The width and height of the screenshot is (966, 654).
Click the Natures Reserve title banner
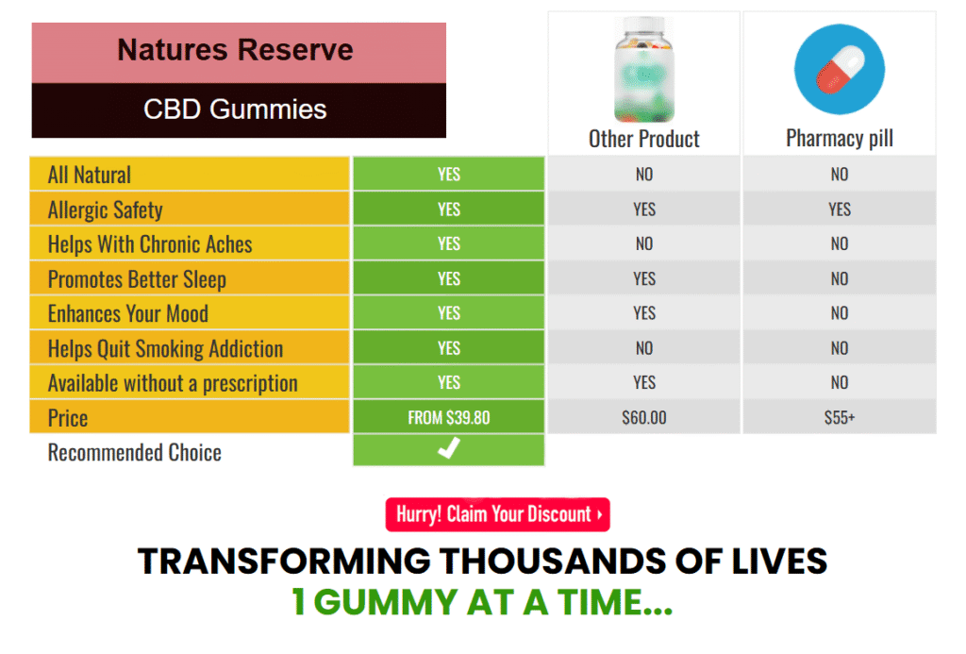[x=239, y=53]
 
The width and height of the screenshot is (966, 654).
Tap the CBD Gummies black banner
[x=239, y=110]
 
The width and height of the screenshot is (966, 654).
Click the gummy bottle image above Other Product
[x=643, y=69]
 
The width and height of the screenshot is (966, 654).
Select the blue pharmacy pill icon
[x=839, y=69]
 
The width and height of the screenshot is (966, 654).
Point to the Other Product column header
[x=643, y=139]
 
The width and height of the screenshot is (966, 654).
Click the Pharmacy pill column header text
[x=839, y=139]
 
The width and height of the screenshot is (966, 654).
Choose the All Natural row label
[x=90, y=175]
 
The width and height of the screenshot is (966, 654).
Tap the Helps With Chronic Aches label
[x=150, y=244]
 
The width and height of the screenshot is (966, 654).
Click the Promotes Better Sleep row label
[x=137, y=279]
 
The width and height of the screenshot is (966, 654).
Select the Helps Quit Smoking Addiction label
[x=165, y=349]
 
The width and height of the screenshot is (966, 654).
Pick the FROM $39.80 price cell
[x=448, y=417]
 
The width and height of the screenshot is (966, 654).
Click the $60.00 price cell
[x=643, y=417]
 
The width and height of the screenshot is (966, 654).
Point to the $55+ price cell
[x=839, y=417]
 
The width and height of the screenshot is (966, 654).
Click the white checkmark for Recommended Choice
[x=449, y=448]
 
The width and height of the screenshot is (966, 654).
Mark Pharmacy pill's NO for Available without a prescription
[x=839, y=383]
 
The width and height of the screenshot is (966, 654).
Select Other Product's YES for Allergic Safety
[x=643, y=210]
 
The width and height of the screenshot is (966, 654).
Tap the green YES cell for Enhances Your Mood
[x=448, y=313]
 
